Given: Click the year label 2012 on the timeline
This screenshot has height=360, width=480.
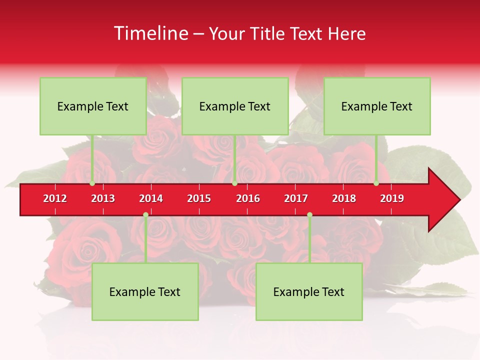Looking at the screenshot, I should pyautogui.click(x=55, y=198).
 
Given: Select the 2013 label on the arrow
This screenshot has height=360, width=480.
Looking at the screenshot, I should pyautogui.click(x=103, y=198).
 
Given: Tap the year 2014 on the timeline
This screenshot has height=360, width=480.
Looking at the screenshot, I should pyautogui.click(x=151, y=198).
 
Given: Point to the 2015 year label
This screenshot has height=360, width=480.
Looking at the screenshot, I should pyautogui.click(x=199, y=198).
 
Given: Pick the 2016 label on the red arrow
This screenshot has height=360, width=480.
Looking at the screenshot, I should pyautogui.click(x=248, y=198).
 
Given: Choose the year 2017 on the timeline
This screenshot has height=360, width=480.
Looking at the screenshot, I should pyautogui.click(x=296, y=198).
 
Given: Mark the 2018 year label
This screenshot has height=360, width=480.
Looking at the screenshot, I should pyautogui.click(x=344, y=198).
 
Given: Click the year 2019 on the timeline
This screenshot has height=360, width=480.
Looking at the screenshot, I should pyautogui.click(x=392, y=198).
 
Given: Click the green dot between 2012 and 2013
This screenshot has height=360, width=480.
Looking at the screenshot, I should pyautogui.click(x=92, y=183).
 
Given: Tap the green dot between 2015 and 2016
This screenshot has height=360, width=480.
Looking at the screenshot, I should pyautogui.click(x=234, y=183).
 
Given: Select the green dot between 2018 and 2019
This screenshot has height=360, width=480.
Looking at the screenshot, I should pyautogui.click(x=376, y=183).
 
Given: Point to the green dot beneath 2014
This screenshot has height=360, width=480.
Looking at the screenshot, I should pyautogui.click(x=145, y=215).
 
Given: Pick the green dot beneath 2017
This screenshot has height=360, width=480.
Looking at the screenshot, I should pyautogui.click(x=309, y=215).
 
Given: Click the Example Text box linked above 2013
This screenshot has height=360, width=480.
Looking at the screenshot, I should pyautogui.click(x=93, y=106).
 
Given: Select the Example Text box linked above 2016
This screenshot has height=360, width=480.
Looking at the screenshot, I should pyautogui.click(x=235, y=106).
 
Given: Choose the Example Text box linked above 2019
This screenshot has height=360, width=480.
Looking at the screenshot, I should pyautogui.click(x=377, y=106).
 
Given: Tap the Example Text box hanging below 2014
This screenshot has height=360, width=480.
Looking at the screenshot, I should pyautogui.click(x=145, y=291).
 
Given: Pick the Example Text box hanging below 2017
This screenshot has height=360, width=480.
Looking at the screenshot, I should pyautogui.click(x=309, y=291).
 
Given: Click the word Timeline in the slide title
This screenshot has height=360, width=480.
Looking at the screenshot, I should pyautogui.click(x=150, y=33).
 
